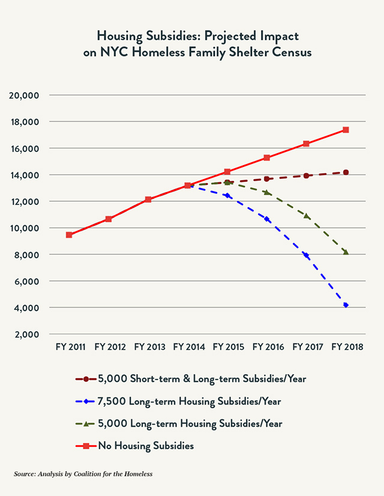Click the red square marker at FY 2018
coord(346,130)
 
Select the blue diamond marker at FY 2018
coord(346,306)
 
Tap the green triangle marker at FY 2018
coord(346,252)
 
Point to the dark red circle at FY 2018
coord(346,172)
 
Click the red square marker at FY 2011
coord(69,235)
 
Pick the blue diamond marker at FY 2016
coord(267,219)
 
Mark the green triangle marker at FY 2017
coord(307,216)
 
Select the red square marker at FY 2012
coord(109,219)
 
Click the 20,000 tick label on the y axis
coord(24,95)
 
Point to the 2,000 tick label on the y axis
coord(26,334)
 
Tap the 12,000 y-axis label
coord(24,201)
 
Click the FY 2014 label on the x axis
coord(189,347)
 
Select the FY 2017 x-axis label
coord(307,347)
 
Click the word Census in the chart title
coord(290,52)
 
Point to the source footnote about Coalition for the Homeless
coord(83,474)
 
